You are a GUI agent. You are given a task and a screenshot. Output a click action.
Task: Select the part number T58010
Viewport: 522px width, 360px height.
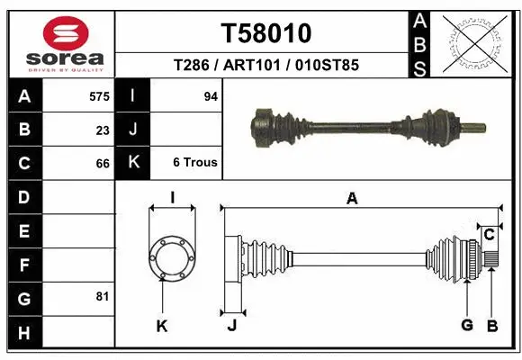click(265, 33)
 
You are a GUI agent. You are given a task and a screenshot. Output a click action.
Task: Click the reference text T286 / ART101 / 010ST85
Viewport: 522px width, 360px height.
click(265, 65)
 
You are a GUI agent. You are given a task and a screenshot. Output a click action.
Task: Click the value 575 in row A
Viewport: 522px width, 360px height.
click(99, 96)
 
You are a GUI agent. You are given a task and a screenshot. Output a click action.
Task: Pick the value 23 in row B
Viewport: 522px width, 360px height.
click(103, 130)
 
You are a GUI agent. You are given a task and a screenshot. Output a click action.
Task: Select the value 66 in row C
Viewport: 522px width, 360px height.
click(103, 163)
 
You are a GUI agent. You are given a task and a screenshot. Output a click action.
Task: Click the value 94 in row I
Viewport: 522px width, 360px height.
click(211, 96)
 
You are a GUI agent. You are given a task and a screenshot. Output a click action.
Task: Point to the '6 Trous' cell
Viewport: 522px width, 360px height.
click(194, 163)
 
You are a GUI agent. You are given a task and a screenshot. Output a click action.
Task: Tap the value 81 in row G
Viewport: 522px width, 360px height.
click(103, 296)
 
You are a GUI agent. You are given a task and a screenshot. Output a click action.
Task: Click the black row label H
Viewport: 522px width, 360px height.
click(23, 333)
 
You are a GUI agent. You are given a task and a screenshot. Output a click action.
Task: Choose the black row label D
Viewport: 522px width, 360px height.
click(23, 196)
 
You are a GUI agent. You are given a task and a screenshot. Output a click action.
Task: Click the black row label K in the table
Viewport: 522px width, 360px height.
click(133, 163)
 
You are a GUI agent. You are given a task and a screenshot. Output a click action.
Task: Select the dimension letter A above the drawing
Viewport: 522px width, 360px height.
click(352, 199)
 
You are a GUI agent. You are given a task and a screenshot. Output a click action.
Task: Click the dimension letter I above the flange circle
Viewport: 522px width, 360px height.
click(171, 199)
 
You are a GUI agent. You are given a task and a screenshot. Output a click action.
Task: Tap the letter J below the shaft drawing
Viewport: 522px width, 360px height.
click(231, 325)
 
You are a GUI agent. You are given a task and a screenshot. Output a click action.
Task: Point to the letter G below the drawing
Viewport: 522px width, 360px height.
click(466, 325)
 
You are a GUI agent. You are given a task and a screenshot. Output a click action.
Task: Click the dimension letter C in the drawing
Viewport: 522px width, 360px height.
click(489, 235)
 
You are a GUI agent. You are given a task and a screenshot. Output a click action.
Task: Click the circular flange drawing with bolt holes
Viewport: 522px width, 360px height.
click(171, 258)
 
